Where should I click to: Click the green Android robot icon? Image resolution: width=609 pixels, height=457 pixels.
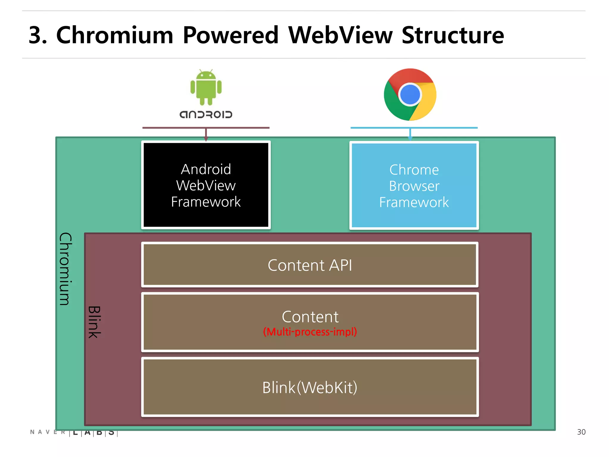point(206,87)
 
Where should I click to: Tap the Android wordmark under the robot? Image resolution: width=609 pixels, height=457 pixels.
point(206,115)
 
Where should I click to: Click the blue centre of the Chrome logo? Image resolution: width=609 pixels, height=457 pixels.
point(410,95)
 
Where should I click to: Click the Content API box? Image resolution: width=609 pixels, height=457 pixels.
point(310,265)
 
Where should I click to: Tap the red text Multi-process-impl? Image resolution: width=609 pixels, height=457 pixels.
point(310,332)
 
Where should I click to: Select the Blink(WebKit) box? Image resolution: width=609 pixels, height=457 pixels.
point(310,387)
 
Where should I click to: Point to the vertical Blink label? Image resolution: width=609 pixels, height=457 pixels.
point(94,322)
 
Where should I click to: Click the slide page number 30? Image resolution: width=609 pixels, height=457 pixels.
point(581,432)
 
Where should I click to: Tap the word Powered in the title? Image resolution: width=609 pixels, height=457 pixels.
point(230,35)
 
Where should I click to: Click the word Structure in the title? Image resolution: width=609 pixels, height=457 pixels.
point(453,35)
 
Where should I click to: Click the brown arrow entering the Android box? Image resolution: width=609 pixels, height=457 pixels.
point(206,134)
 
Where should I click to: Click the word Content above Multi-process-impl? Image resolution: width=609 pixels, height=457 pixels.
point(310,317)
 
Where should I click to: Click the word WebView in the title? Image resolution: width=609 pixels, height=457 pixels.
point(340,35)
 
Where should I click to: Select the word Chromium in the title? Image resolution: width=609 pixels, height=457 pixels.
point(114,35)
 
